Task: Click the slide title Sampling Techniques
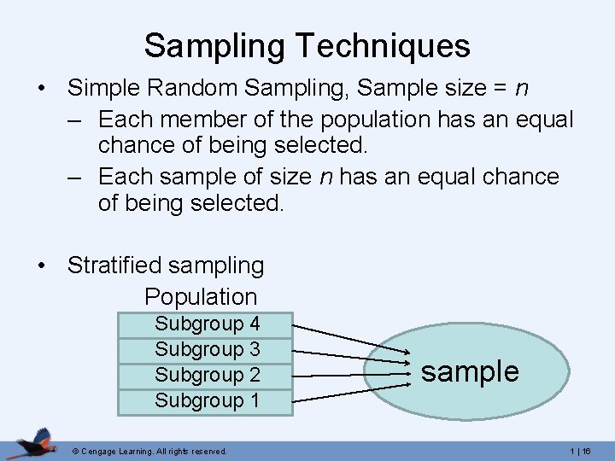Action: tap(307, 45)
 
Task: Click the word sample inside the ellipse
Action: tap(470, 372)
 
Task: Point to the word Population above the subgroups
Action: tap(201, 297)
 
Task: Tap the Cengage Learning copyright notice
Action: tap(149, 451)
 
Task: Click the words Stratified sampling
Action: tap(166, 266)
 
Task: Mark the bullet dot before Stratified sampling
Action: tap(42, 266)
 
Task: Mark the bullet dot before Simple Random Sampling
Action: tap(42, 88)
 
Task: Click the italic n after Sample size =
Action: tap(521, 87)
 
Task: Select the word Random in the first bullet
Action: tap(204, 87)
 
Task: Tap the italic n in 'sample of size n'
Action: tap(325, 178)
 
